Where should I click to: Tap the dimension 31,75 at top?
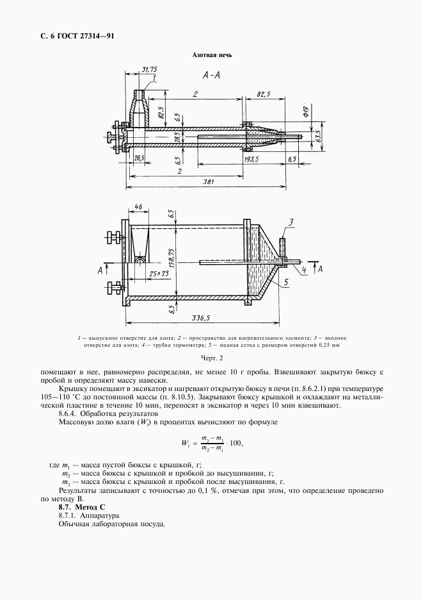[x=148, y=69]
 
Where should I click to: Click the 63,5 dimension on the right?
[x=318, y=136]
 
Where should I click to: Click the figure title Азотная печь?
[x=212, y=55]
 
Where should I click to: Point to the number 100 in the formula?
[x=235, y=443]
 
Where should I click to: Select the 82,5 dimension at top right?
[x=263, y=94]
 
